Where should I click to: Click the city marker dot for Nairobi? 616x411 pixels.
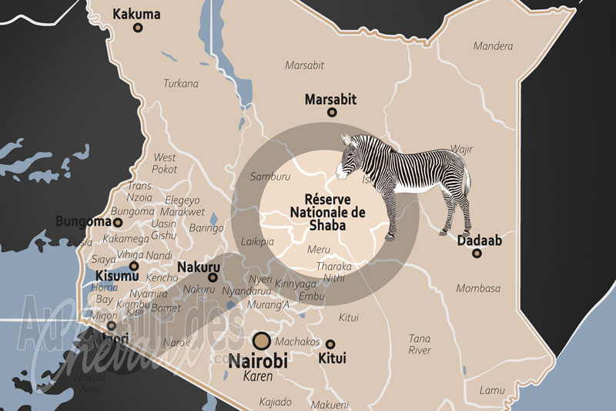point(263,340)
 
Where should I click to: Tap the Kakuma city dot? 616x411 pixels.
point(138,28)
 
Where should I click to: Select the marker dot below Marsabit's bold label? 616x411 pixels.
point(332,113)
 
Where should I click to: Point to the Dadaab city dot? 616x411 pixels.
point(477,253)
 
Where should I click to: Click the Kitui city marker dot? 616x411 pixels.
point(330,344)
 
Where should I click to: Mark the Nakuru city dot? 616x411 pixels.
point(213,278)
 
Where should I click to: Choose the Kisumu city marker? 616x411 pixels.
point(134,266)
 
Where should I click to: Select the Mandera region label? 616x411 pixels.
point(493,46)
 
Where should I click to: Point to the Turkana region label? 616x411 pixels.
point(180,83)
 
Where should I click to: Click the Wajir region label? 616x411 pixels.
point(461,149)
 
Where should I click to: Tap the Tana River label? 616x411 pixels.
point(420,344)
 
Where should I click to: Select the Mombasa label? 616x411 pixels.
point(477,288)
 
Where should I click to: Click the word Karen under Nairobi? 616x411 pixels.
point(258,376)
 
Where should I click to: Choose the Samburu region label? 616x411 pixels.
point(270,177)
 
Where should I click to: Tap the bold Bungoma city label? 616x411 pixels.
point(83,221)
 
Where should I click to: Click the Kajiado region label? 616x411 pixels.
point(275,401)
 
